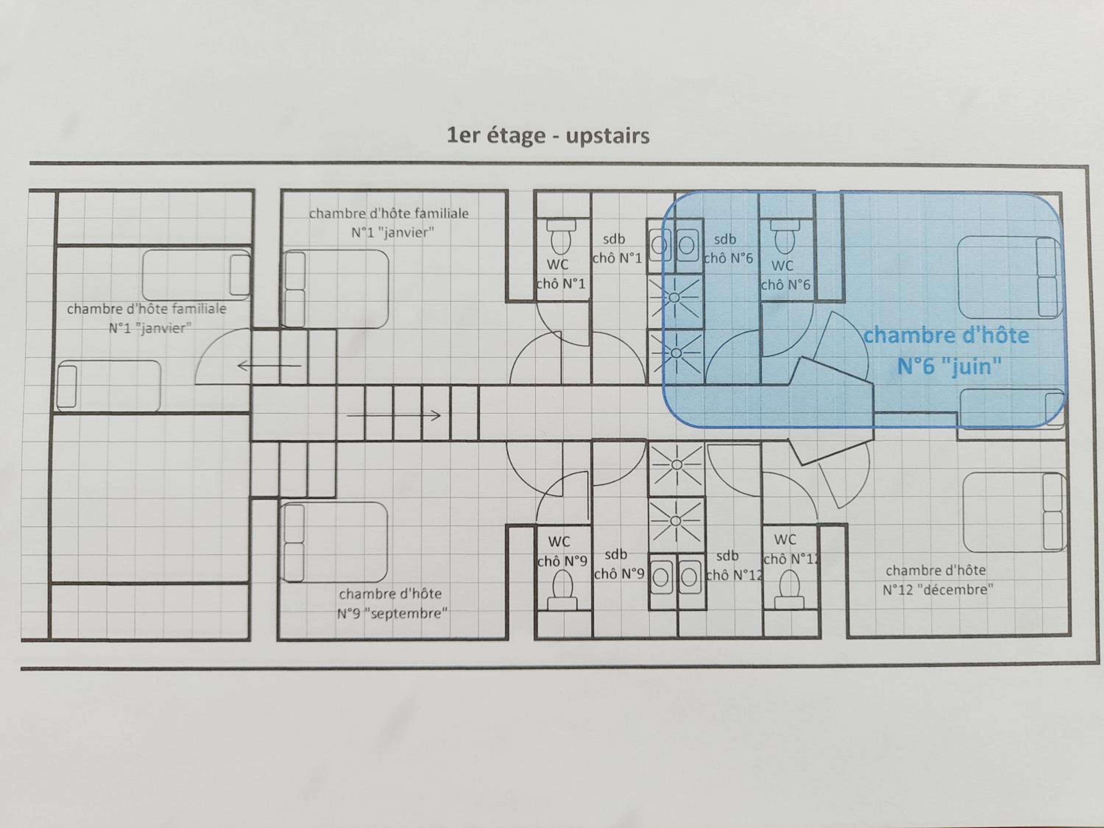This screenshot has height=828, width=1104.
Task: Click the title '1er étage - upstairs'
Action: (x=548, y=135)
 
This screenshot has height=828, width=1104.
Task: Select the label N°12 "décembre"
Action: (x=938, y=590)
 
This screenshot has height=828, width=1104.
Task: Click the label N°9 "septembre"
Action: (x=392, y=613)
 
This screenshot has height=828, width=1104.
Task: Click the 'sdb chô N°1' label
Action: (x=616, y=248)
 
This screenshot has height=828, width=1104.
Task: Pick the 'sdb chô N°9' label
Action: (x=618, y=564)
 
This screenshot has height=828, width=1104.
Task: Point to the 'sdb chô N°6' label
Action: (x=728, y=248)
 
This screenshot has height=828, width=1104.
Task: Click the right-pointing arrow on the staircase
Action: (x=394, y=415)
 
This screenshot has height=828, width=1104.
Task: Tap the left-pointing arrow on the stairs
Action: (x=269, y=366)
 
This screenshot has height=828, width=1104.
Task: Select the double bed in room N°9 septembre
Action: (x=333, y=542)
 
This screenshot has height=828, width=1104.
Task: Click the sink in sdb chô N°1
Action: (x=660, y=245)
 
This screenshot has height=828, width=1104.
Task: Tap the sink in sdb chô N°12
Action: (x=689, y=577)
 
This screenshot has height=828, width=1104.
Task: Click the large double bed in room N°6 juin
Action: (x=1009, y=277)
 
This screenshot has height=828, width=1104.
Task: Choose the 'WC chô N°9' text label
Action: (x=562, y=551)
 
